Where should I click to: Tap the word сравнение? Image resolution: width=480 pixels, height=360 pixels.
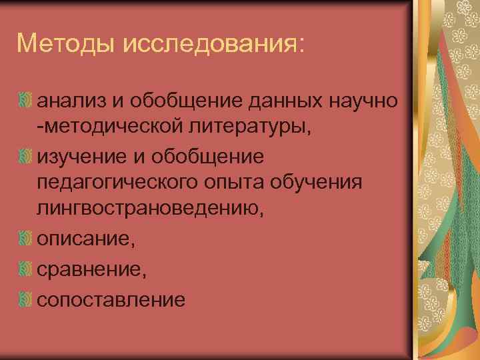91,269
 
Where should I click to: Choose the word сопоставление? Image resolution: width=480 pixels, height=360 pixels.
111,300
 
